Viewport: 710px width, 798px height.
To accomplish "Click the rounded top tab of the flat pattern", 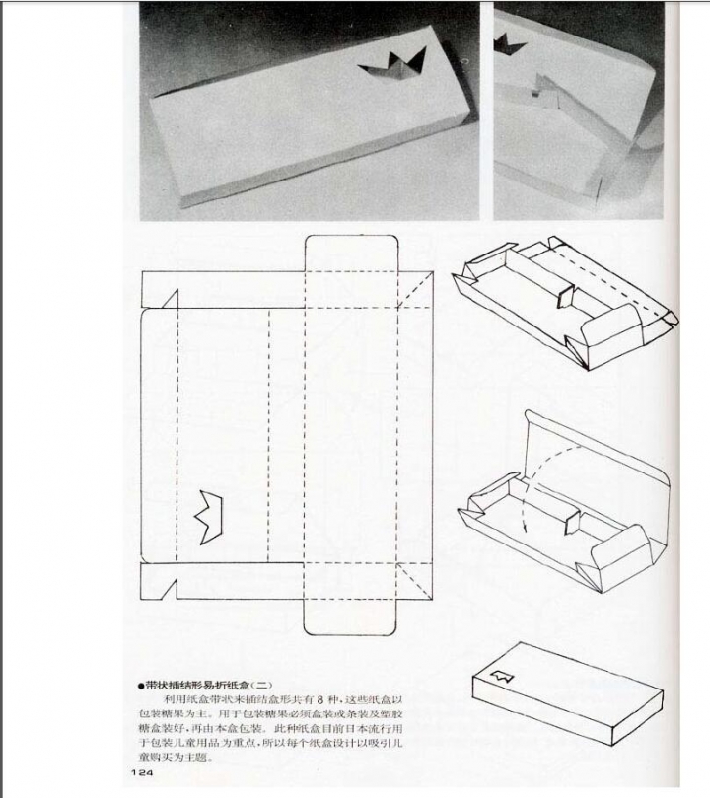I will pyautogui.click(x=351, y=253).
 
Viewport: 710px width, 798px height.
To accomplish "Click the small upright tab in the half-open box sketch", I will pyautogui.click(x=568, y=516).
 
